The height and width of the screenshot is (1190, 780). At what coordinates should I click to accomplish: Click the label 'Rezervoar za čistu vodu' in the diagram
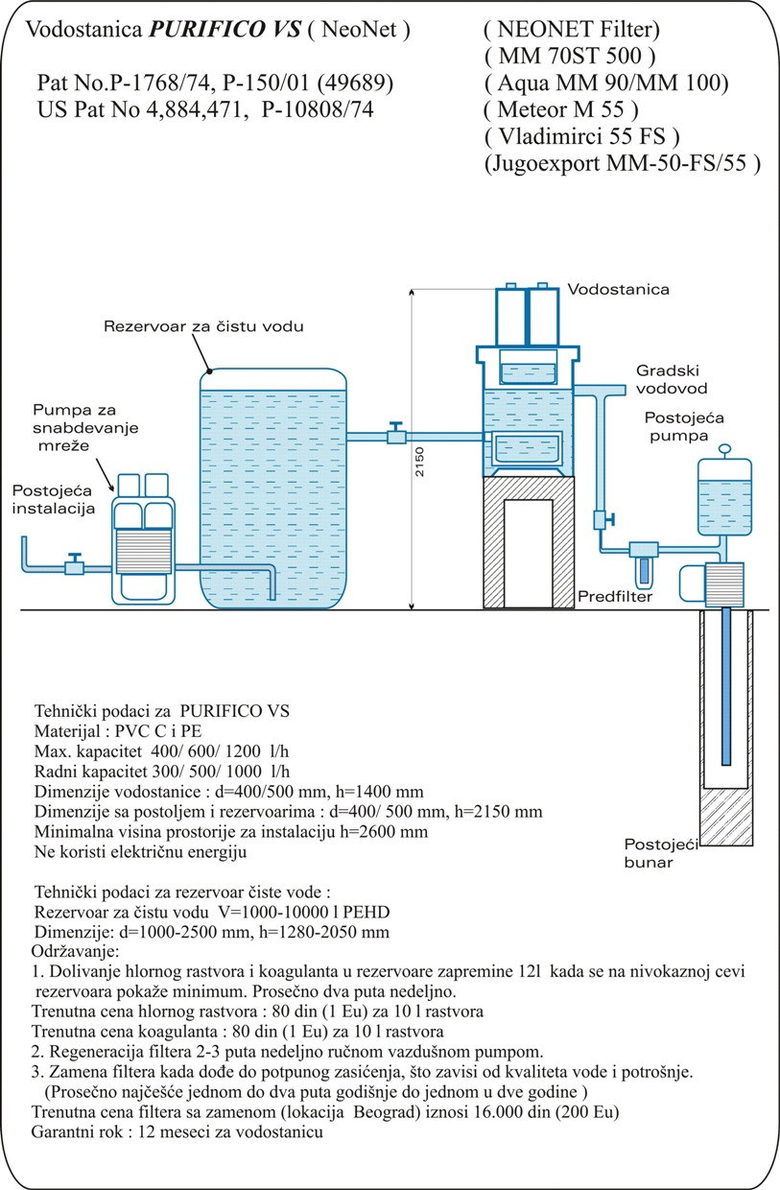tap(203, 326)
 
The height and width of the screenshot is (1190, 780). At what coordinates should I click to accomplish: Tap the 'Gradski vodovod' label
tap(671, 380)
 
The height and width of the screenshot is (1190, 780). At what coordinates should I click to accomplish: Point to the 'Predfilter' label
tap(615, 597)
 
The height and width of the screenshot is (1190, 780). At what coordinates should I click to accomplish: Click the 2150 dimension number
tap(419, 462)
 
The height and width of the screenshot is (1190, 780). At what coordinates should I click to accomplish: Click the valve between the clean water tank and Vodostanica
tap(393, 436)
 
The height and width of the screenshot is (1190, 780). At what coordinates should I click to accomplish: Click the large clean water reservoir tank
tap(272, 489)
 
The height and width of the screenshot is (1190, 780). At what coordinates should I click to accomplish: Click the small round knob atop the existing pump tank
tap(725, 446)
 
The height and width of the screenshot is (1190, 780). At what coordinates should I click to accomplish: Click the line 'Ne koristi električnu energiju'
tap(140, 851)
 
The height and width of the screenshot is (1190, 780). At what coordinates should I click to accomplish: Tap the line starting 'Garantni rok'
tap(175, 1132)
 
